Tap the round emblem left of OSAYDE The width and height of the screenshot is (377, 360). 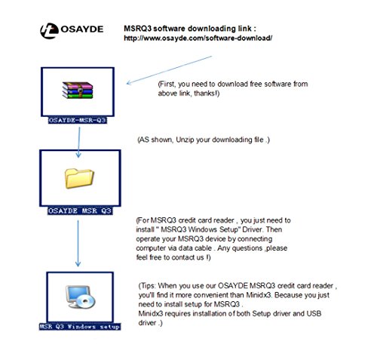pos(48,31)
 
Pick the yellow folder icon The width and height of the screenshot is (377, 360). pos(80,179)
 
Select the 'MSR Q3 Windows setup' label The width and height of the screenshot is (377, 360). pos(80,327)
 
